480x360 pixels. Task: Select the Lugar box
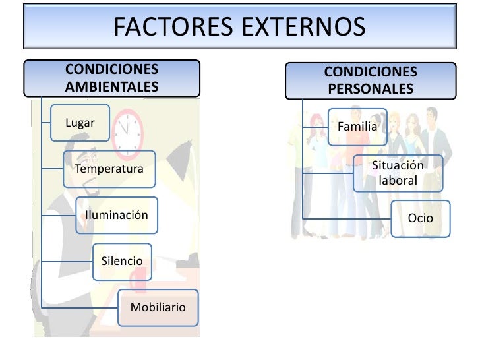point(80,123)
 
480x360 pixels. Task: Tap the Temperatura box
point(109,169)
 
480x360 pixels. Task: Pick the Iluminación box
point(117,216)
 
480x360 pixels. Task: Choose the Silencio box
point(122,261)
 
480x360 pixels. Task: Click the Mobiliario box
point(158,307)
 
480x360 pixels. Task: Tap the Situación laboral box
point(398,173)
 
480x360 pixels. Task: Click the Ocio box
point(420,217)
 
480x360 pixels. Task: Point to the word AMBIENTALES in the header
point(112,86)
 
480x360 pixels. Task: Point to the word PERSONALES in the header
point(370,88)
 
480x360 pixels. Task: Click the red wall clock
point(127,129)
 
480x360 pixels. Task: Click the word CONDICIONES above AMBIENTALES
point(112,69)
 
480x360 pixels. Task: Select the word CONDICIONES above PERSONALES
point(371,71)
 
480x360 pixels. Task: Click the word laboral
point(398,179)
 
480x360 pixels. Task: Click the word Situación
point(398,165)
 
